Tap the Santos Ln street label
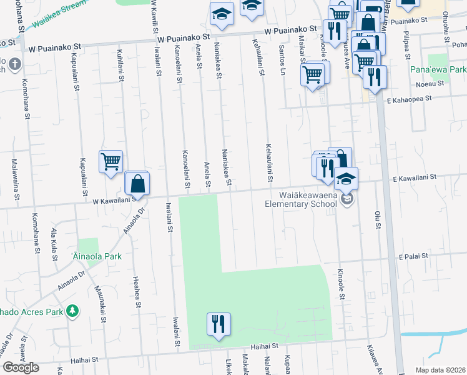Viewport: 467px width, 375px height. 282,57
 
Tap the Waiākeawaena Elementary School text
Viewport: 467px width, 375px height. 301,199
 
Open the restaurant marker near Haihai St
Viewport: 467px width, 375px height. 219,324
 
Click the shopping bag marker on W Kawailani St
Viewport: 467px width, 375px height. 137,184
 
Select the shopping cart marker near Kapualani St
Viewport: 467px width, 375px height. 111,162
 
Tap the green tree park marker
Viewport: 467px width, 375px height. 73,310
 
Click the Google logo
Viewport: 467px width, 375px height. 21,367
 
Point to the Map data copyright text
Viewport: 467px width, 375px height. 440,370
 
